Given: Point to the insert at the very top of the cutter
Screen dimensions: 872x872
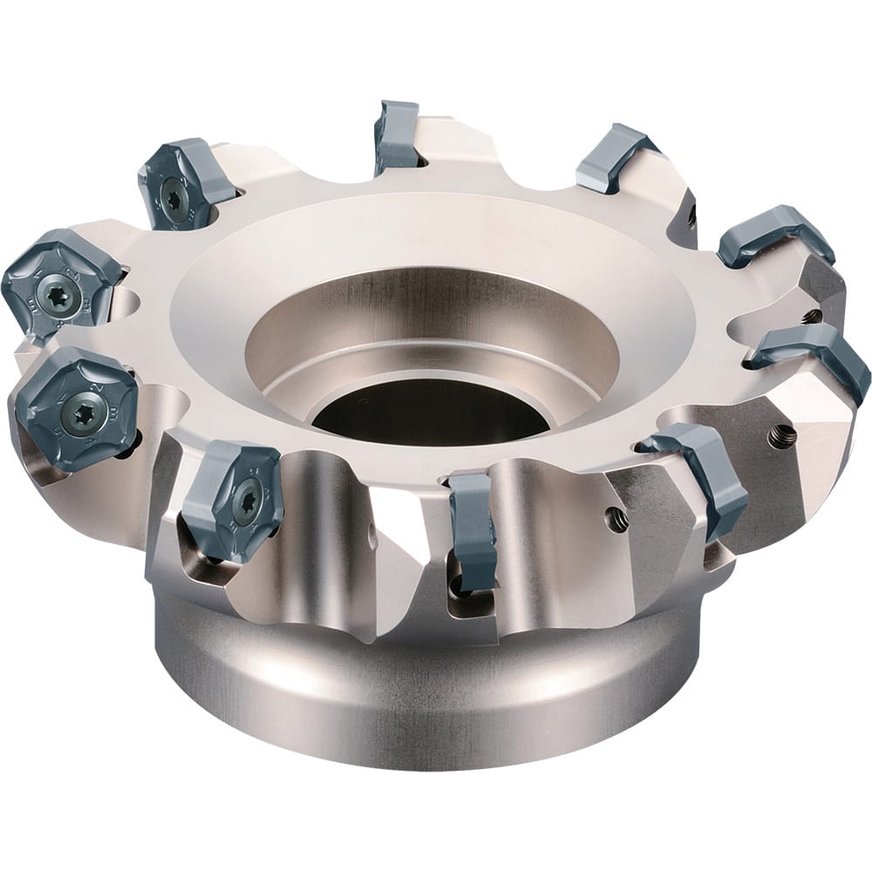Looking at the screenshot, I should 397,135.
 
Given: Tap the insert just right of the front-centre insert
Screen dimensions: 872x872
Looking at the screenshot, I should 702,475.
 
